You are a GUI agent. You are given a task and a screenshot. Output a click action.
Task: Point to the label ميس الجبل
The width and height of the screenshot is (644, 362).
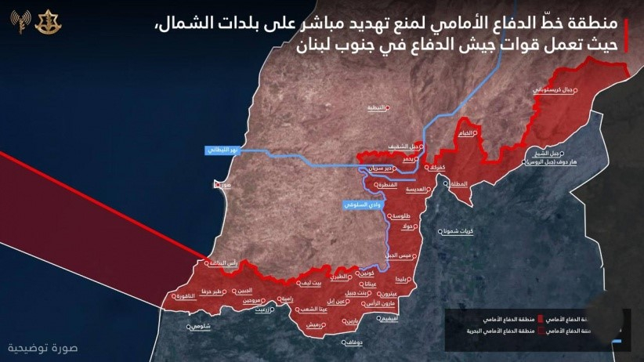pos(399,255)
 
